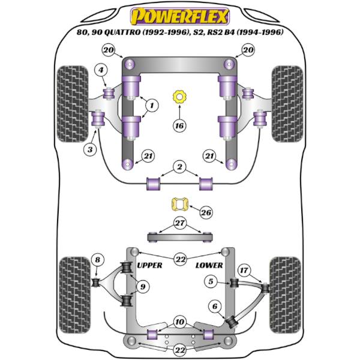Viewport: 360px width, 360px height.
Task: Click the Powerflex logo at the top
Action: tap(180, 17)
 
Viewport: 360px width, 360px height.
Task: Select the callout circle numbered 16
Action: tap(179, 125)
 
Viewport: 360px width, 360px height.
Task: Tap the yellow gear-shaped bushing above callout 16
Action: tap(179, 97)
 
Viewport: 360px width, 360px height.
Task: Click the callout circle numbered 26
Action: tap(206, 212)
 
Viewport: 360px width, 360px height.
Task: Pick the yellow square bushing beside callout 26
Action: tap(180, 205)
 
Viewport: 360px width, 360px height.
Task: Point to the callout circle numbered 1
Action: tap(152, 106)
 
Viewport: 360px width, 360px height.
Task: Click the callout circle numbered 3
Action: tap(90, 149)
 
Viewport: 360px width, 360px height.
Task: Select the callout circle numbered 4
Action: tap(101, 70)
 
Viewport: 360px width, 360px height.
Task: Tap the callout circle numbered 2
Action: tap(179, 167)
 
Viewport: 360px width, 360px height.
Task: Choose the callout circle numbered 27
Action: tap(180, 223)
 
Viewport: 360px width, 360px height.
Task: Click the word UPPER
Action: tap(149, 265)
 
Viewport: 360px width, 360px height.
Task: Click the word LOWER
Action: tap(209, 265)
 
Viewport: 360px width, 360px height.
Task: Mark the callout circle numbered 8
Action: tap(98, 260)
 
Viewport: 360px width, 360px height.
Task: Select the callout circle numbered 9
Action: tap(143, 287)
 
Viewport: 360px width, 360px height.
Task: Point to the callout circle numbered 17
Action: tap(244, 270)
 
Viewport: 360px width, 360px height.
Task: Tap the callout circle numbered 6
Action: tap(215, 306)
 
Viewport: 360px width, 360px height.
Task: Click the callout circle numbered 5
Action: tap(211, 281)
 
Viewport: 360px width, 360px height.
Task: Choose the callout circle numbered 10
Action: tap(179, 322)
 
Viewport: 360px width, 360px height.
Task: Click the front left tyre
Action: tap(73, 104)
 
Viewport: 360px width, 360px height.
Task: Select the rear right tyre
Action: tap(286, 295)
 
